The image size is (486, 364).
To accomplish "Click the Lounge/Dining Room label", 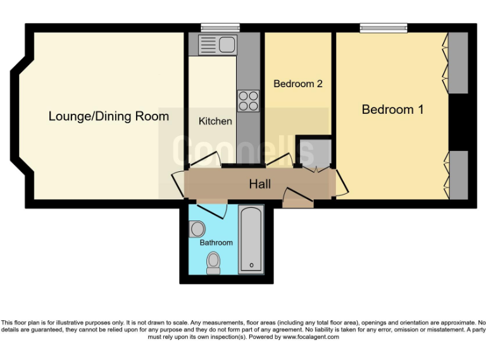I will point(109,116).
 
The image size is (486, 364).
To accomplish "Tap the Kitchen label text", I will point(215,121).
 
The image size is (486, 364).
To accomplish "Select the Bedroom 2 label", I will point(298,83).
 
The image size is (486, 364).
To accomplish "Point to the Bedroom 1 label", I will point(392,109).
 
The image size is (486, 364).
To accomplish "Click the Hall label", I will point(259,184).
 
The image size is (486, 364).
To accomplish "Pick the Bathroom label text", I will point(216,242).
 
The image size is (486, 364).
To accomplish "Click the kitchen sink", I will point(217,45).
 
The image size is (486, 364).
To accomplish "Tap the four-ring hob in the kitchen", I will point(248,101).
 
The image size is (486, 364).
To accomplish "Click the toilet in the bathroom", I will point(214,262).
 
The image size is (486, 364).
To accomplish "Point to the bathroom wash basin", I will point(197,228).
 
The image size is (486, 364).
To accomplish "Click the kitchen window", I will point(220,27).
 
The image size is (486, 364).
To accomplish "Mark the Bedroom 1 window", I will point(383,27).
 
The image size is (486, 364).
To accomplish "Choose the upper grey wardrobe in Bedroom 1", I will point(458,63).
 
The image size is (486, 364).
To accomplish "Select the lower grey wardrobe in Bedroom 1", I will point(458,174).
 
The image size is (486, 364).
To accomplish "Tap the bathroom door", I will point(209,209).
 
